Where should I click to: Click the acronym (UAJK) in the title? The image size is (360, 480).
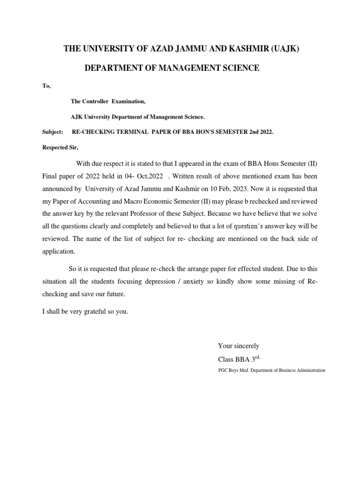click(x=279, y=50)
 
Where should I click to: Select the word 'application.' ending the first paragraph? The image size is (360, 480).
click(x=59, y=251)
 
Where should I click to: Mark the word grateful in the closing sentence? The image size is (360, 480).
click(x=92, y=311)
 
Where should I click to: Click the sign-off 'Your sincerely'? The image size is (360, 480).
click(x=238, y=346)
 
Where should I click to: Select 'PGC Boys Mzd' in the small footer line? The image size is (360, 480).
click(x=233, y=370)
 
